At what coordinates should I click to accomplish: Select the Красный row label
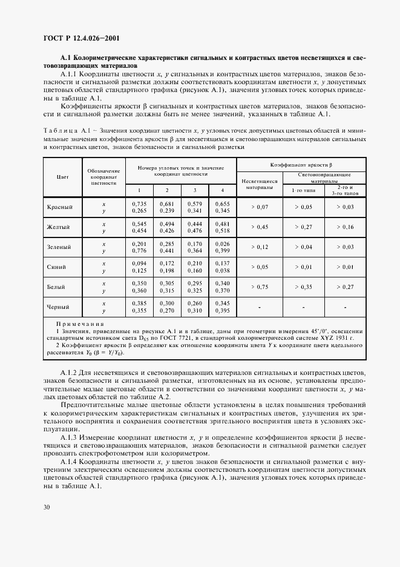[60, 207]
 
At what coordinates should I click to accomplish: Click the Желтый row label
[60, 227]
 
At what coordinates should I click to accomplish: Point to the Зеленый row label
[60, 247]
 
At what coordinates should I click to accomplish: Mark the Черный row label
[60, 307]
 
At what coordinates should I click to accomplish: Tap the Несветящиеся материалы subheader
[259, 184]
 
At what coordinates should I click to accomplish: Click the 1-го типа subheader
[303, 190]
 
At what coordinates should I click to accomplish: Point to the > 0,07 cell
[259, 207]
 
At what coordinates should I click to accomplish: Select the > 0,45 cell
[259, 227]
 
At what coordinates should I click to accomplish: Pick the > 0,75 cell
[259, 287]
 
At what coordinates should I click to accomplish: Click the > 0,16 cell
[344, 227]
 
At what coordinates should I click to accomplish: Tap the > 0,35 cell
[303, 287]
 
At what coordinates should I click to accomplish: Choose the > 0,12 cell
[259, 247]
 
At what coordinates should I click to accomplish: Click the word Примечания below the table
[78, 324]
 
